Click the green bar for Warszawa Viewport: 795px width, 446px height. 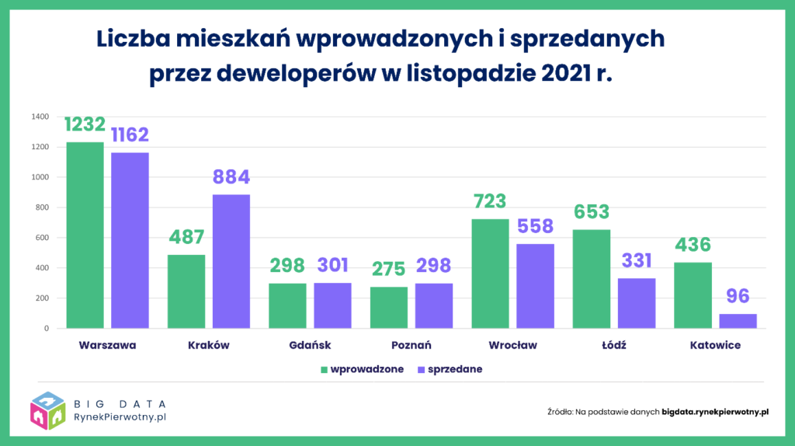pos(85,235)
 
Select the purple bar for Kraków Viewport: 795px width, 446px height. pos(231,261)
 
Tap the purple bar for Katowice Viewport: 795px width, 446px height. pos(738,321)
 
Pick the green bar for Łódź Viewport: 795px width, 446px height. pos(592,279)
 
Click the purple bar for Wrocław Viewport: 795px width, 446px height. pos(535,286)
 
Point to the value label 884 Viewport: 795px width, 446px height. pos(231,177)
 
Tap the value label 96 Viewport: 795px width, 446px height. pos(738,297)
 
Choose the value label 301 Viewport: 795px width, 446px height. pos(332,266)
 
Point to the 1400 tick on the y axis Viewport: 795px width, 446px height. pos(40,117)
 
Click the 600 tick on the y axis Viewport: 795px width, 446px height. pos(42,238)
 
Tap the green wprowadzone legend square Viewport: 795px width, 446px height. pos(324,370)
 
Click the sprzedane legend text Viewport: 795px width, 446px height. pos(457,370)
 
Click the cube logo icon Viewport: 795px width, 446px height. pos(47,411)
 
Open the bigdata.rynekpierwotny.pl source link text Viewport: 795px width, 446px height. pos(714,411)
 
